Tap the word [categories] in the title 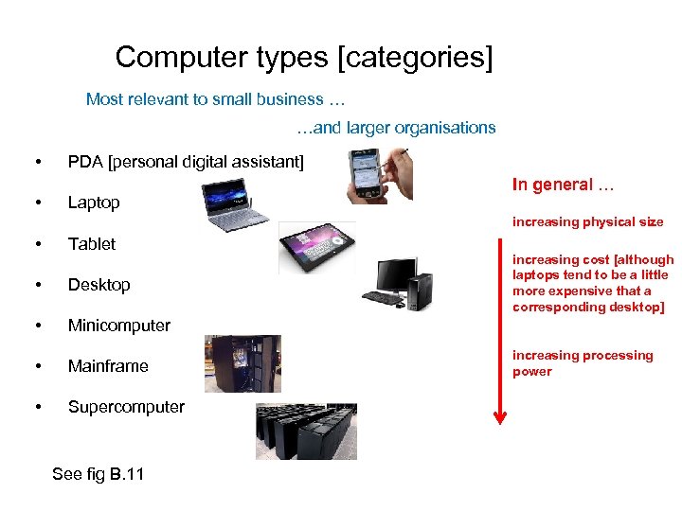(x=415, y=58)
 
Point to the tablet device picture (x=316, y=248)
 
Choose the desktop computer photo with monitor (x=399, y=283)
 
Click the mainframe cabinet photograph (x=242, y=363)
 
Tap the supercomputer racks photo (x=306, y=431)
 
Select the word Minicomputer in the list (x=119, y=326)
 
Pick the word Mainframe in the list (x=108, y=366)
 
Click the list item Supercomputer (x=126, y=407)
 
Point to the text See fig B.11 (x=99, y=474)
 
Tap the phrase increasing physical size (x=587, y=222)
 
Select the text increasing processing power (x=582, y=363)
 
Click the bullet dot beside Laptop (x=36, y=203)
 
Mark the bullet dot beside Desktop (x=36, y=286)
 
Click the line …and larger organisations (x=395, y=128)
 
